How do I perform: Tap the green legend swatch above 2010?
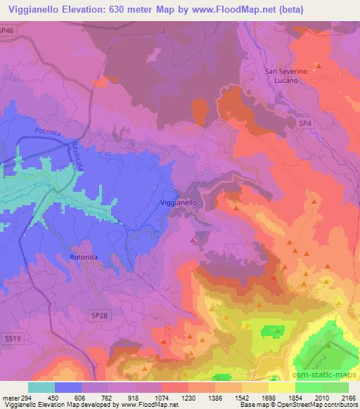pos(309,387)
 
